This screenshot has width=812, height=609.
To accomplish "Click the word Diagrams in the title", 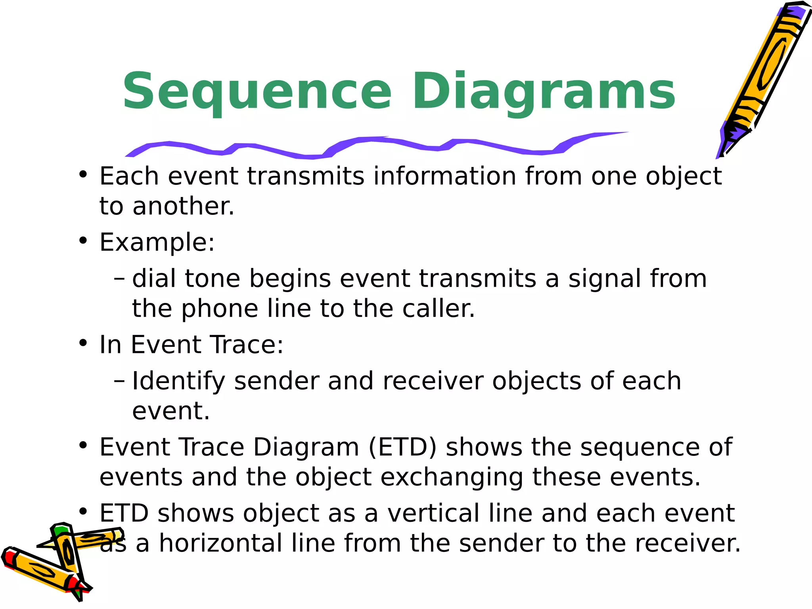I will (x=544, y=92).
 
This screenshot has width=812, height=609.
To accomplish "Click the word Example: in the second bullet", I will (x=157, y=242).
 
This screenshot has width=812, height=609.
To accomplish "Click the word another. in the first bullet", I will (x=183, y=207).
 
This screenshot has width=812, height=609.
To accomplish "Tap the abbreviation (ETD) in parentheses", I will (x=402, y=447).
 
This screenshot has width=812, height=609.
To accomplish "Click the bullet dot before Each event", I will (x=82, y=174).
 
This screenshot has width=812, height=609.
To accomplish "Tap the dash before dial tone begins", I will (x=119, y=279).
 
